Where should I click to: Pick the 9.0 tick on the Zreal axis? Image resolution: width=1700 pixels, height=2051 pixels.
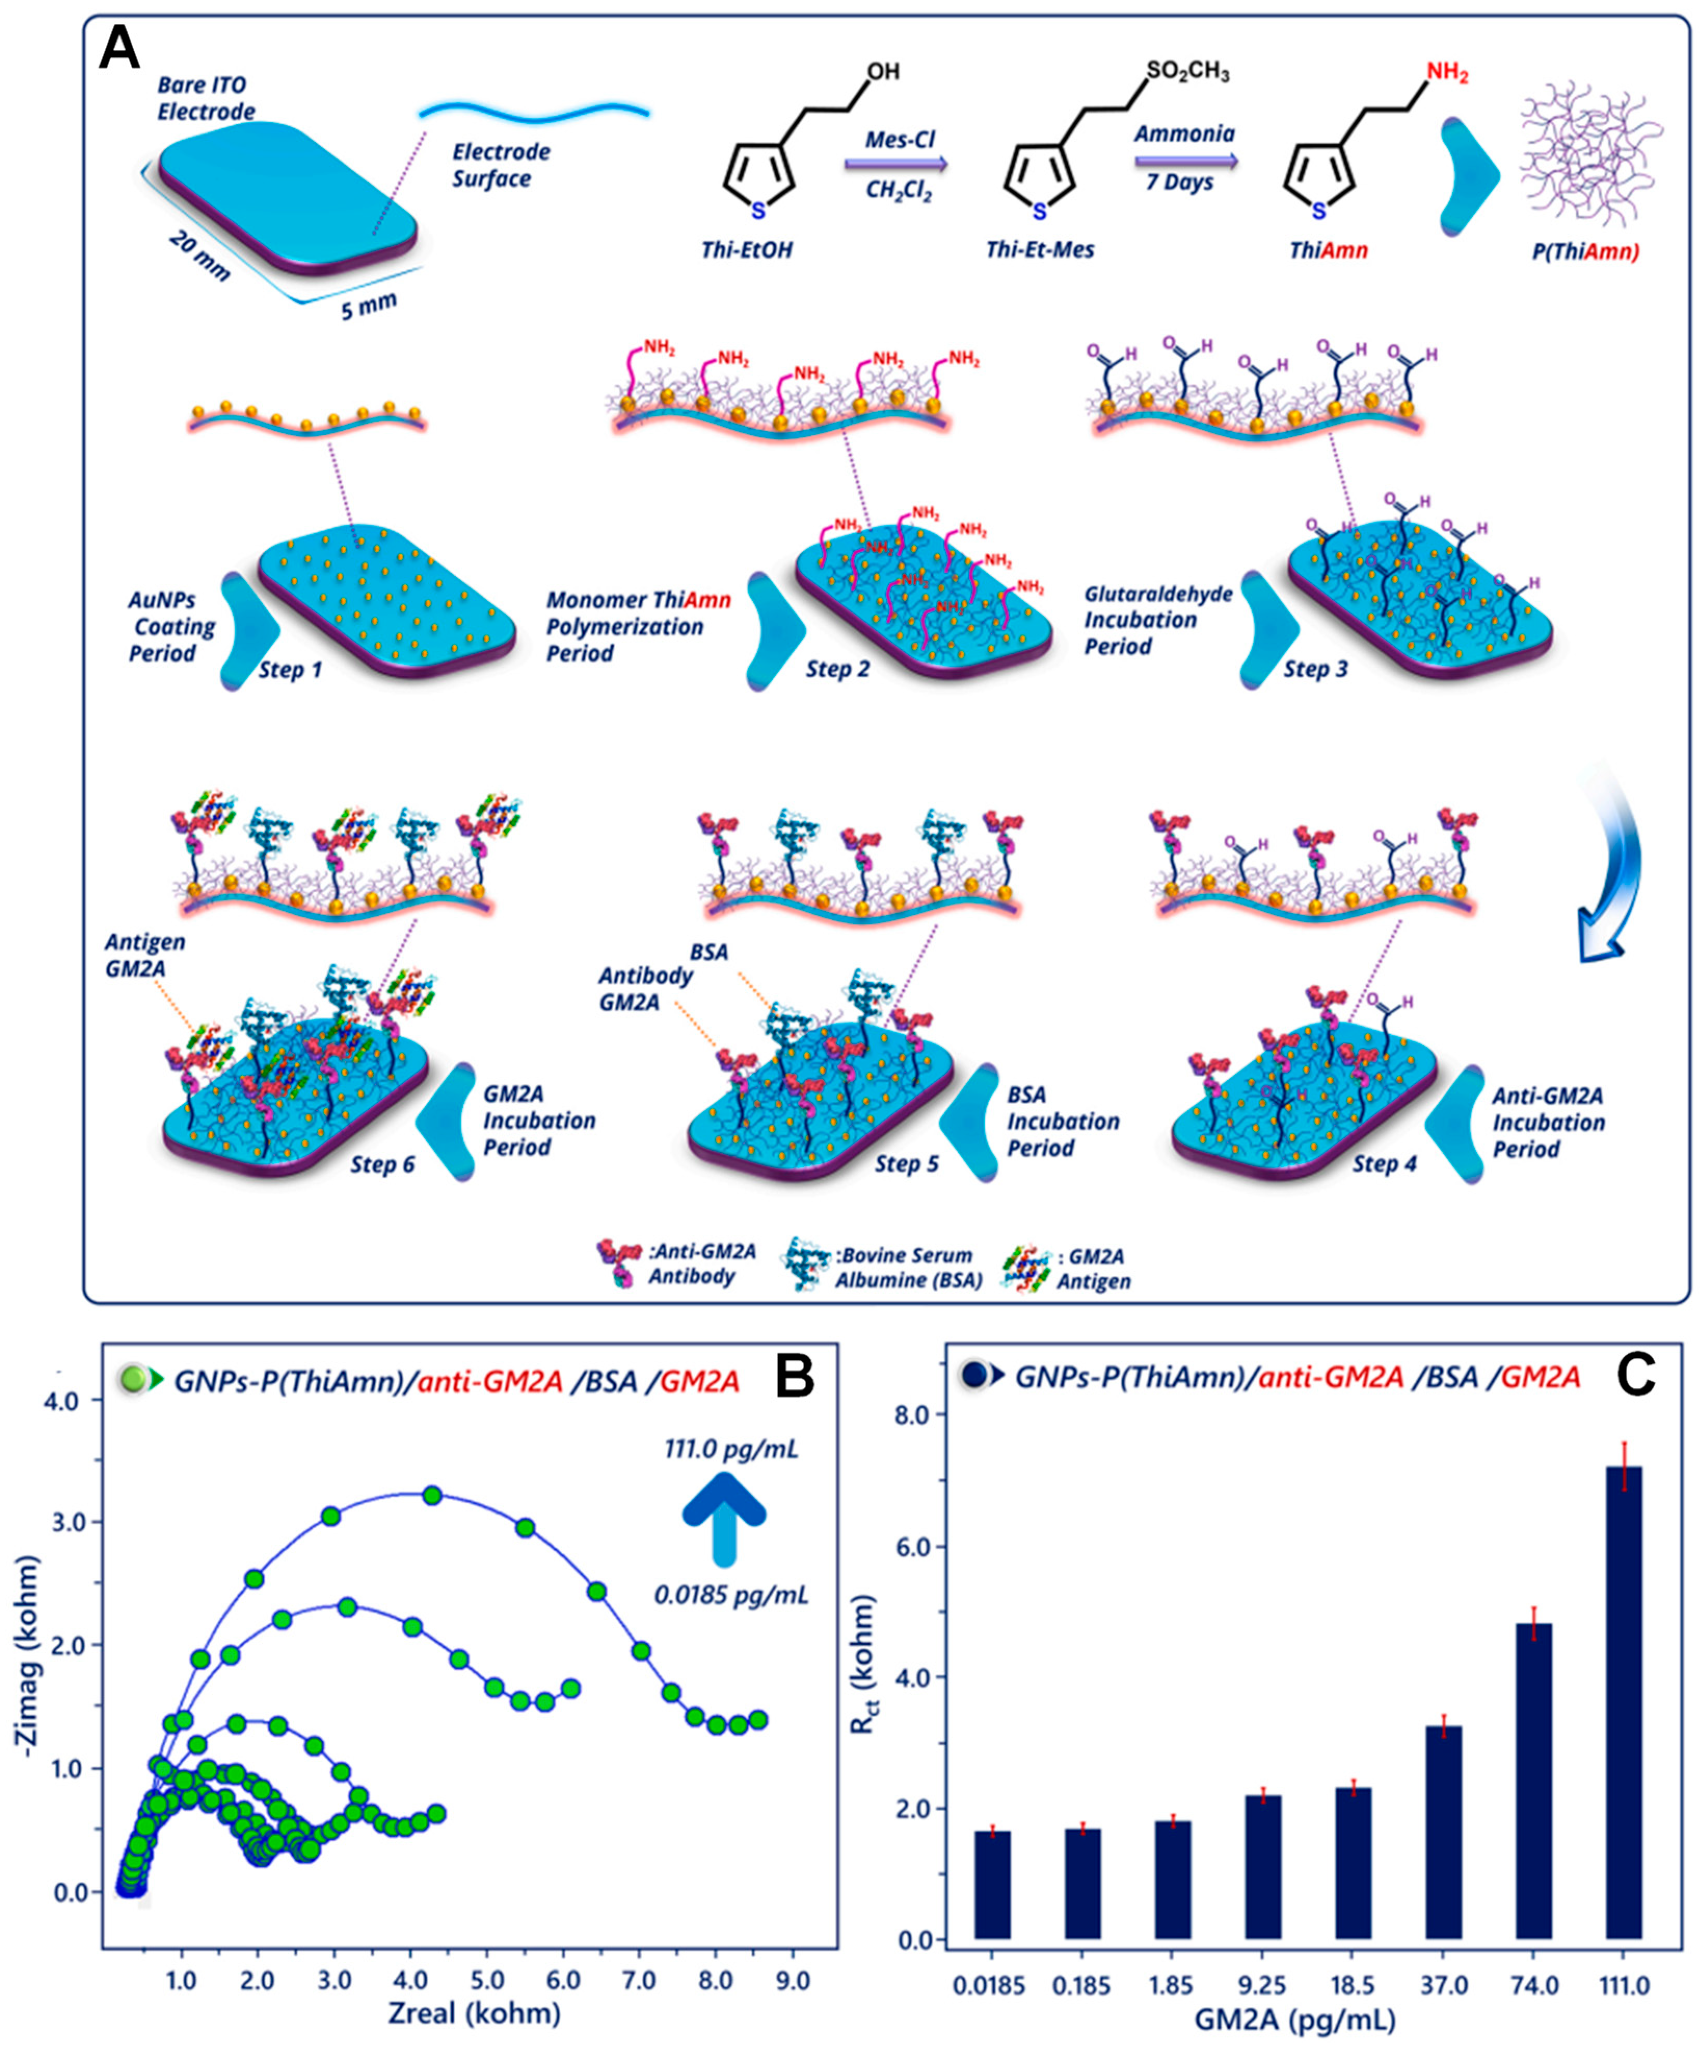click(792, 1981)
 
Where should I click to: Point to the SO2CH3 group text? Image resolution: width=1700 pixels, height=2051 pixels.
click(1187, 73)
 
